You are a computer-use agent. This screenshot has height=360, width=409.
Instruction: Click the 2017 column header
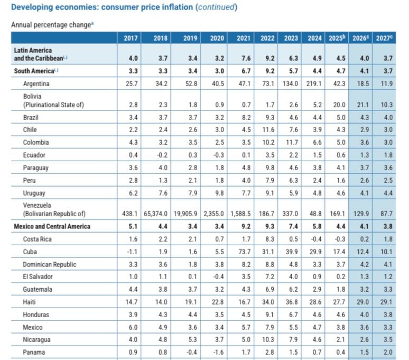pyautogui.click(x=131, y=38)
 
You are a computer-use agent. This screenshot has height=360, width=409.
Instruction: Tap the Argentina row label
pyautogui.click(x=36, y=84)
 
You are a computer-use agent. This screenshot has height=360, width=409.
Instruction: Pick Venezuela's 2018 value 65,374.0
pyautogui.click(x=156, y=214)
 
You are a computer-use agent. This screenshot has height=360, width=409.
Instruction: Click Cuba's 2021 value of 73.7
pyautogui.click(x=244, y=252)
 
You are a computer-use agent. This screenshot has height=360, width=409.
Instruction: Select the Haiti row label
pyautogui.click(x=30, y=302)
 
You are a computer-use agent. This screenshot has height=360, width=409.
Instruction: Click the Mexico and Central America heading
pyautogui.click(x=52, y=226)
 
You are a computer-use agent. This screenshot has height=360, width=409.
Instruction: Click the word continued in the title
pyautogui.click(x=216, y=7)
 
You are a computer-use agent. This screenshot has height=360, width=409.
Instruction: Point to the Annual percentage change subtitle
pyautogui.click(x=51, y=24)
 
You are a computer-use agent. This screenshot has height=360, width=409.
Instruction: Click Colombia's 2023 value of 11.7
pyautogui.click(x=292, y=143)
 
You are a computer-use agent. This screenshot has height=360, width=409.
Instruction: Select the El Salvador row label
pyautogui.click(x=38, y=276)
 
